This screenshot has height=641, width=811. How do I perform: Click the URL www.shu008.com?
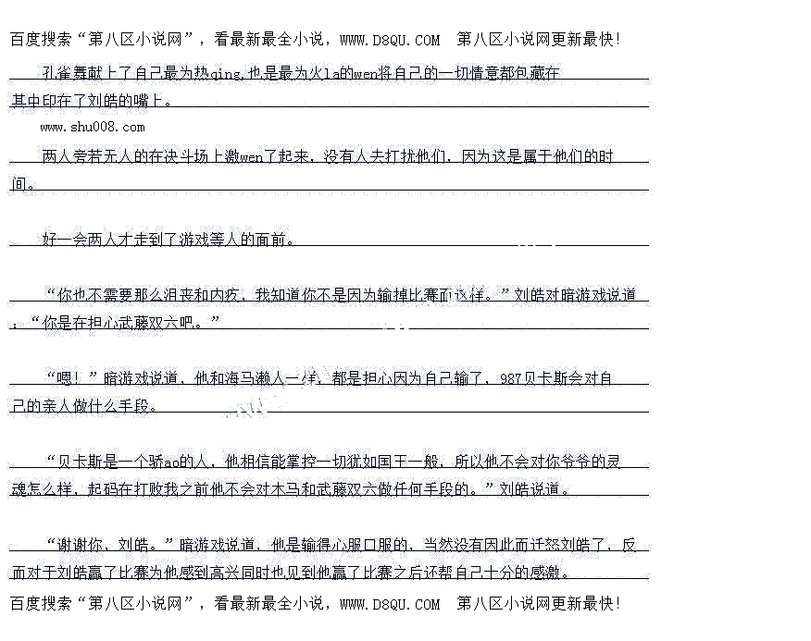coord(93,127)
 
